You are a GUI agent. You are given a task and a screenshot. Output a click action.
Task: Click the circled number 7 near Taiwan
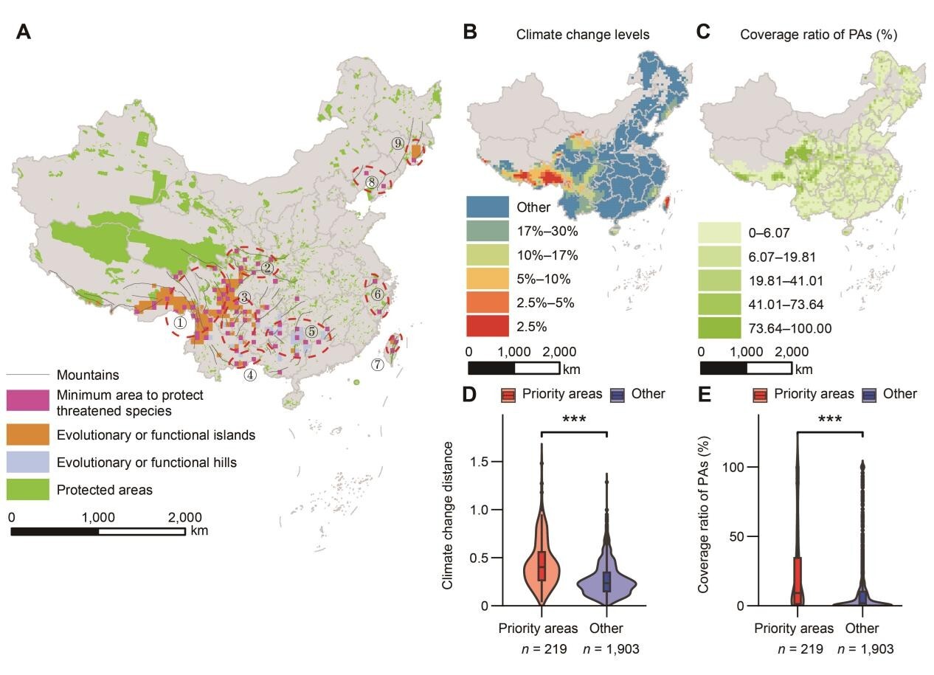[378, 364]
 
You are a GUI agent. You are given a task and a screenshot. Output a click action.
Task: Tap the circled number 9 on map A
[398, 143]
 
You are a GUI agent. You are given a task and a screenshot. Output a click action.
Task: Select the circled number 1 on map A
[180, 322]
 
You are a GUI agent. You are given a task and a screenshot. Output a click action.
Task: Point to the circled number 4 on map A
[251, 374]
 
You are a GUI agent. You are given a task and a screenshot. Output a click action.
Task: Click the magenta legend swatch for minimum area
[28, 402]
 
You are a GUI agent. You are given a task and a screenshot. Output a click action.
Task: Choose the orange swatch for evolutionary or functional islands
[28, 435]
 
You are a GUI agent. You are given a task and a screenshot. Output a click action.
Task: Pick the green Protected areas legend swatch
[28, 490]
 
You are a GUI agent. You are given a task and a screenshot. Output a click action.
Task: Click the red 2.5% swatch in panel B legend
[488, 327]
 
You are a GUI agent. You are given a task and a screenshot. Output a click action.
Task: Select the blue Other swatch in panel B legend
[488, 207]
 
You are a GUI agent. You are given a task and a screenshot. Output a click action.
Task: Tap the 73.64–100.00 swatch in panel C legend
[720, 328]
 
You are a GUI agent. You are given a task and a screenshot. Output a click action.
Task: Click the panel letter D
[468, 394]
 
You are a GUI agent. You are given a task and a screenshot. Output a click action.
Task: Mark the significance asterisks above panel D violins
[573, 420]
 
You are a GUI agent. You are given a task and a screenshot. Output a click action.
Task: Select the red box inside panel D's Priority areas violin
[542, 565]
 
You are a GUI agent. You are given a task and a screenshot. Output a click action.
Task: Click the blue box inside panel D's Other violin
[606, 581]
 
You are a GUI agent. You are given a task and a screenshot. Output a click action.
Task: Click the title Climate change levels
[582, 34]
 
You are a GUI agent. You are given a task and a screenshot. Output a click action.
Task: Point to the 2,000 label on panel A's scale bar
[184, 517]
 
